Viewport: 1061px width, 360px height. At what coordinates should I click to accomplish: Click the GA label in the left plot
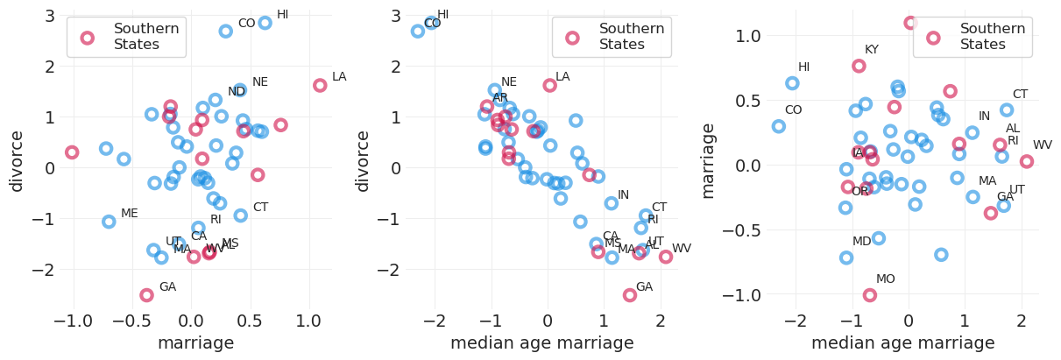point(167,287)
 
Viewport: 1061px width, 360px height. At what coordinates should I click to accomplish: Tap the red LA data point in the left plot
point(320,86)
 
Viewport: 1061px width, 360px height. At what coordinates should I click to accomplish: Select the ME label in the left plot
point(130,214)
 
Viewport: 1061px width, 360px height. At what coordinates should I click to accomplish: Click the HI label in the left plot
point(282,15)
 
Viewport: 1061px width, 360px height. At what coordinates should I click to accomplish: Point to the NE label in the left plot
point(260,82)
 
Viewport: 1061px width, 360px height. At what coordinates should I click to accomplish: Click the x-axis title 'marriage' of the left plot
point(195,343)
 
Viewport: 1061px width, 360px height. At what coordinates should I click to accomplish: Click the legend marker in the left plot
point(87,38)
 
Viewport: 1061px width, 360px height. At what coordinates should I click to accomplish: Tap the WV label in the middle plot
point(682,249)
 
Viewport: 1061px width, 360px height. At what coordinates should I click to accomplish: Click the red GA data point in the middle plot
point(630,295)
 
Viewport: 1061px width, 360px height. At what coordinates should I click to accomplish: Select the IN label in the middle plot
point(623,195)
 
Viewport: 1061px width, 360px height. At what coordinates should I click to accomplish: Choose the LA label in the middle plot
point(562,77)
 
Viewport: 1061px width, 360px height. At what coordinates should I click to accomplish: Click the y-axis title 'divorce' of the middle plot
point(363,161)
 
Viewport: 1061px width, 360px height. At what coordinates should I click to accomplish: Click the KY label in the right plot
point(872,50)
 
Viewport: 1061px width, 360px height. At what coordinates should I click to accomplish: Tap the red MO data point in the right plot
point(870,295)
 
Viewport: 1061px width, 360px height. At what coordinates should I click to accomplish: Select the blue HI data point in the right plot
point(792,83)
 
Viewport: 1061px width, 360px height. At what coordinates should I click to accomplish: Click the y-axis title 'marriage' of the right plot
point(709,161)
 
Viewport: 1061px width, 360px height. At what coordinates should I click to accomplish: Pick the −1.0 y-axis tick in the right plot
point(747,295)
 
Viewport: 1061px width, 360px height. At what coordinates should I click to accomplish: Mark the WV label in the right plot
point(1043,145)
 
